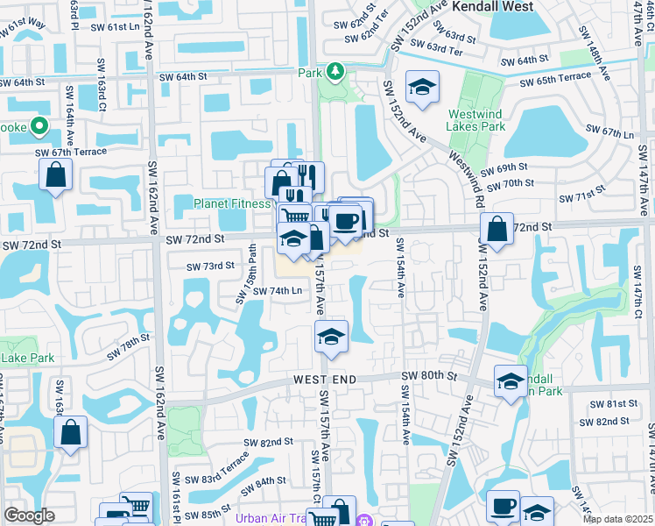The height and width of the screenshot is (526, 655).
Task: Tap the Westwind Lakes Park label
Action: pyautogui.click(x=476, y=120)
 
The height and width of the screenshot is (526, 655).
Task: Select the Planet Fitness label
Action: pyautogui.click(x=232, y=203)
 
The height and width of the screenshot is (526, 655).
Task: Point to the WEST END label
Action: pyautogui.click(x=325, y=379)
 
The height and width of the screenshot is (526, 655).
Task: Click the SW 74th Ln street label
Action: pyautogui.click(x=278, y=291)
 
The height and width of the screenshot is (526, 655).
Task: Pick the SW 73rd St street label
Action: pyautogui.click(x=211, y=266)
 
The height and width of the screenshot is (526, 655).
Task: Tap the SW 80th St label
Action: pyautogui.click(x=429, y=375)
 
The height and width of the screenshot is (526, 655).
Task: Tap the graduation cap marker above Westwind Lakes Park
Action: pyautogui.click(x=422, y=87)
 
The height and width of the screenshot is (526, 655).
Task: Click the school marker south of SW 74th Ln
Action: pyautogui.click(x=332, y=337)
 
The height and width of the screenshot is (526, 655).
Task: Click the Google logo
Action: pyautogui.click(x=29, y=515)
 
